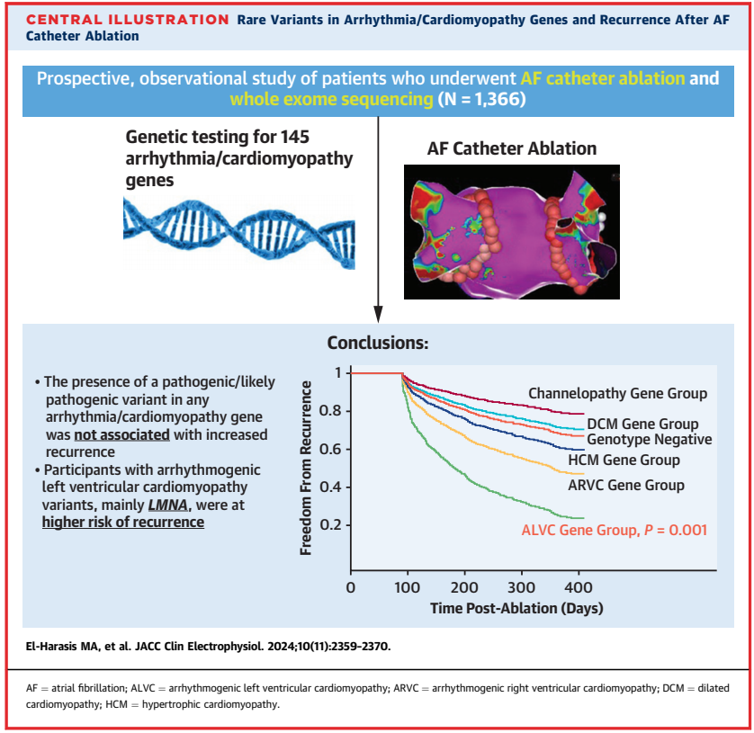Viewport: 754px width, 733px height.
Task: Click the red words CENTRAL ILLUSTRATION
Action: point(128,20)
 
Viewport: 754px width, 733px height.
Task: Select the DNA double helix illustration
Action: point(239,234)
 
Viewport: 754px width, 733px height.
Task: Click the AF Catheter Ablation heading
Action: point(512,148)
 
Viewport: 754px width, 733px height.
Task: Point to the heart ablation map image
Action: point(512,232)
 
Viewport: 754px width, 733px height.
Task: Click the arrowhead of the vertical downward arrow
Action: point(379,314)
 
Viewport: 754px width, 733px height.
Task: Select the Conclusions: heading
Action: point(378,343)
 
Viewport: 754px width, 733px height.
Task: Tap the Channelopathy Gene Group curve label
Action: point(618,393)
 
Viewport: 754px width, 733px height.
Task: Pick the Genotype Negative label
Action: point(649,439)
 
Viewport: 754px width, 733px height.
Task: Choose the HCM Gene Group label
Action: point(624,460)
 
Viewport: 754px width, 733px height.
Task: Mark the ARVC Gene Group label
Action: point(626,485)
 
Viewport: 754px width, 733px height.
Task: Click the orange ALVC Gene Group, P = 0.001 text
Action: point(615,530)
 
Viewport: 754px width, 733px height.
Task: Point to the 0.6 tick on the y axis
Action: point(331,449)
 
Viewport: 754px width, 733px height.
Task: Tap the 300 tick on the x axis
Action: point(521,587)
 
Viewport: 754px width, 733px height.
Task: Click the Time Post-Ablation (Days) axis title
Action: point(516,608)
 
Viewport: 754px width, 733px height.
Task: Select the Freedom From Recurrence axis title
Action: point(306,468)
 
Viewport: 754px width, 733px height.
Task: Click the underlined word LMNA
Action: point(168,505)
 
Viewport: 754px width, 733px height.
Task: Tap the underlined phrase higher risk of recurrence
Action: point(123,523)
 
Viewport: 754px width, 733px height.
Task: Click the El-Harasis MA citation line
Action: point(208,647)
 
